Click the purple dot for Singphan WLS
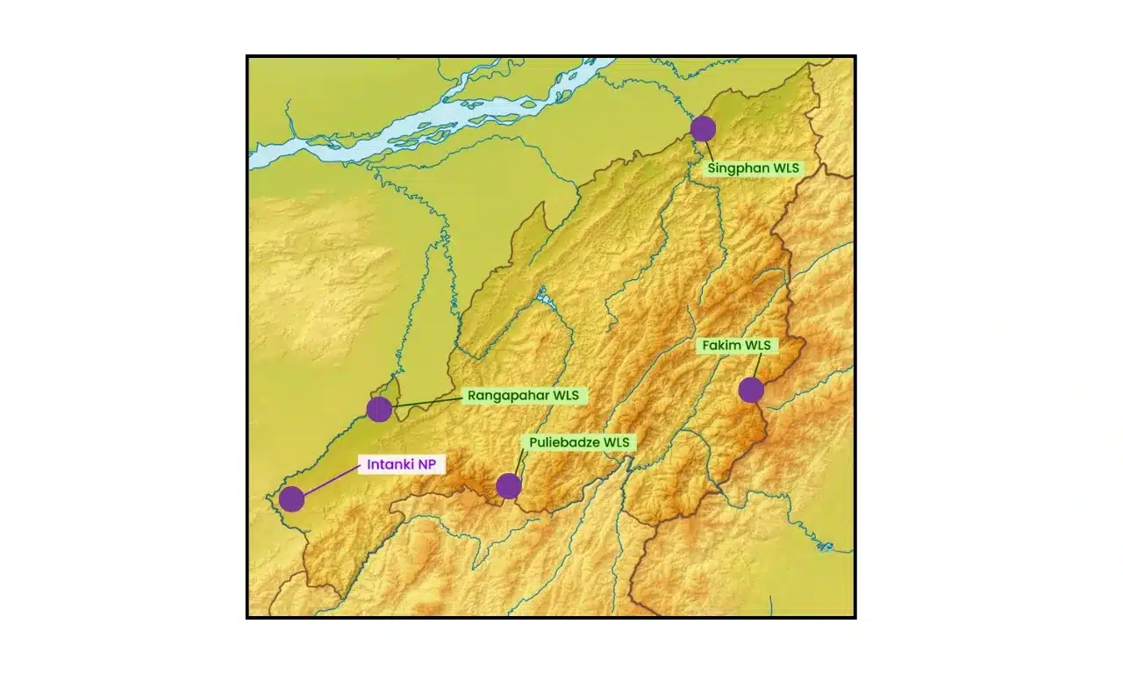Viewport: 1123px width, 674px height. pyautogui.click(x=703, y=129)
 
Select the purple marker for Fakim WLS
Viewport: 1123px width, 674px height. pyautogui.click(x=751, y=390)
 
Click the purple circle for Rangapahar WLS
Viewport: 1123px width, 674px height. pyautogui.click(x=379, y=409)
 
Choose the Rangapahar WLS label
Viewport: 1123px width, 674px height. pyautogui.click(x=523, y=396)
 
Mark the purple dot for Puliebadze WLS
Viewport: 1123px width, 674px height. pyautogui.click(x=509, y=485)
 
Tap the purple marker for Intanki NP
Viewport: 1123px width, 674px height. pyautogui.click(x=291, y=498)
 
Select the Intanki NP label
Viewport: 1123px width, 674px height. pyautogui.click(x=401, y=465)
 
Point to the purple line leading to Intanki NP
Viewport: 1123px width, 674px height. pyautogui.click(x=329, y=481)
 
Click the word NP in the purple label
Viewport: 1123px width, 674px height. pyautogui.click(x=426, y=465)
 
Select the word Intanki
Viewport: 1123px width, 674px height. pyautogui.click(x=390, y=465)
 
